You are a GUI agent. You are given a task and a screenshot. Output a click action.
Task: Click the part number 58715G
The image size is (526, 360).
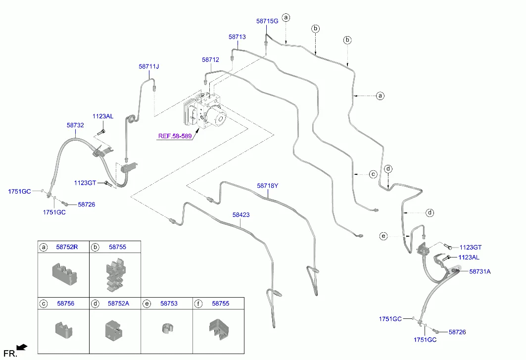point(267,21)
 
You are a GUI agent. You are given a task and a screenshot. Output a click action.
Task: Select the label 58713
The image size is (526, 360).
point(237,37)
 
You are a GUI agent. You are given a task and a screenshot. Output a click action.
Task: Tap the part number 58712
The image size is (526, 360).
point(210,59)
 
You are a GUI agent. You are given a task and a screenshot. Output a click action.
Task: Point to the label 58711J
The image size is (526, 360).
point(149,66)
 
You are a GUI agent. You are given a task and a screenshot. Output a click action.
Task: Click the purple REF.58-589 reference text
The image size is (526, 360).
point(176,136)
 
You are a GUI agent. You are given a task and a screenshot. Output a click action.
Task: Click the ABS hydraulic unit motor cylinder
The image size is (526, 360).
point(218,117)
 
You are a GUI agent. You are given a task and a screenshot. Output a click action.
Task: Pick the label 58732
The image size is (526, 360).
point(75,126)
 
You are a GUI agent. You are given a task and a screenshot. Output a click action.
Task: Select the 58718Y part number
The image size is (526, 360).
point(268,186)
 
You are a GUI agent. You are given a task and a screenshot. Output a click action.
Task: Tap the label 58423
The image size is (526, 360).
point(241,215)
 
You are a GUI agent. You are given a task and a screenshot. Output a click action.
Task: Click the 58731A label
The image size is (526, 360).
point(480,271)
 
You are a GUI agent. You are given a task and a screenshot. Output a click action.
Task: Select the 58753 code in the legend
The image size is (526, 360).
point(169,303)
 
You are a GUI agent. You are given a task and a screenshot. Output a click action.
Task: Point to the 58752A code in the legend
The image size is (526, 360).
point(118,303)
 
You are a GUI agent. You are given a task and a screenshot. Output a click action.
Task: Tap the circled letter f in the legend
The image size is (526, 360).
point(198,303)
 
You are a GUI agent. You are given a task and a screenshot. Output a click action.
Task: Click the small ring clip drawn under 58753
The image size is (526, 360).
point(167,328)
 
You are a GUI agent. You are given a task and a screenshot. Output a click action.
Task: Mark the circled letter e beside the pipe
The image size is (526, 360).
point(383,236)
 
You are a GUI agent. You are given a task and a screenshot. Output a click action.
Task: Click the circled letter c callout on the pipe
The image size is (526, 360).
point(373,174)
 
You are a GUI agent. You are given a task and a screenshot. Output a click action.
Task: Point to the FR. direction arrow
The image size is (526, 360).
point(22,348)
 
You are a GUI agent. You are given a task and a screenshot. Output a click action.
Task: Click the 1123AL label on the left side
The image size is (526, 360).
point(103,116)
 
